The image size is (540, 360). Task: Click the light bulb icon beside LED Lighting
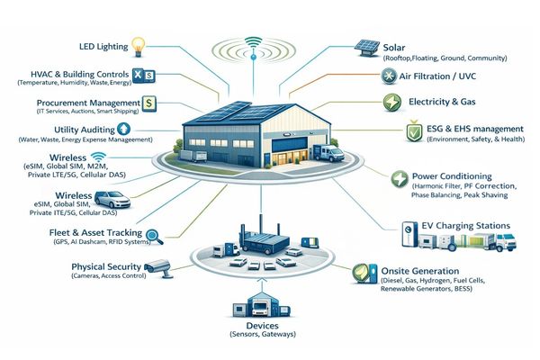(138, 44)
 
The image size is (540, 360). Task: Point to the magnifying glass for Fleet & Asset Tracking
(153, 236)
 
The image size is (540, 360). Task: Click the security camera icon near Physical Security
(160, 266)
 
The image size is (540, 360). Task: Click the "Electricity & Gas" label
(443, 103)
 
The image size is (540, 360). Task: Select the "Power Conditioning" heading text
(450, 175)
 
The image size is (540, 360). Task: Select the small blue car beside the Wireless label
(112, 200)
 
